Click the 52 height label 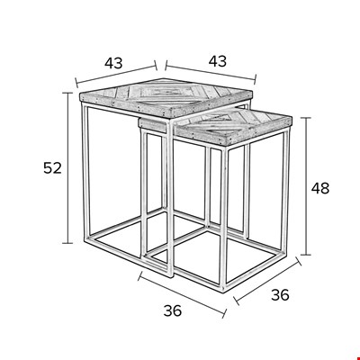coord(52,167)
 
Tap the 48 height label coord(320,188)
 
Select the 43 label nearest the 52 coord(113,63)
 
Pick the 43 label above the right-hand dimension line coord(218,61)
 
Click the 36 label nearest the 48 coord(280,295)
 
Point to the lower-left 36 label coord(173,310)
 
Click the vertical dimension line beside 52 coord(67,168)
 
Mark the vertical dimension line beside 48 coord(306,186)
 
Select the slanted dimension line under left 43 coord(116,75)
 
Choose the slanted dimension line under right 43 coord(211,72)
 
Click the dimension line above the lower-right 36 coord(267,281)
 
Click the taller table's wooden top coord(166,97)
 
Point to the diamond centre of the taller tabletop coord(165,92)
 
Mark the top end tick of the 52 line coord(67,93)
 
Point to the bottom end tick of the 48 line coord(306,255)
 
